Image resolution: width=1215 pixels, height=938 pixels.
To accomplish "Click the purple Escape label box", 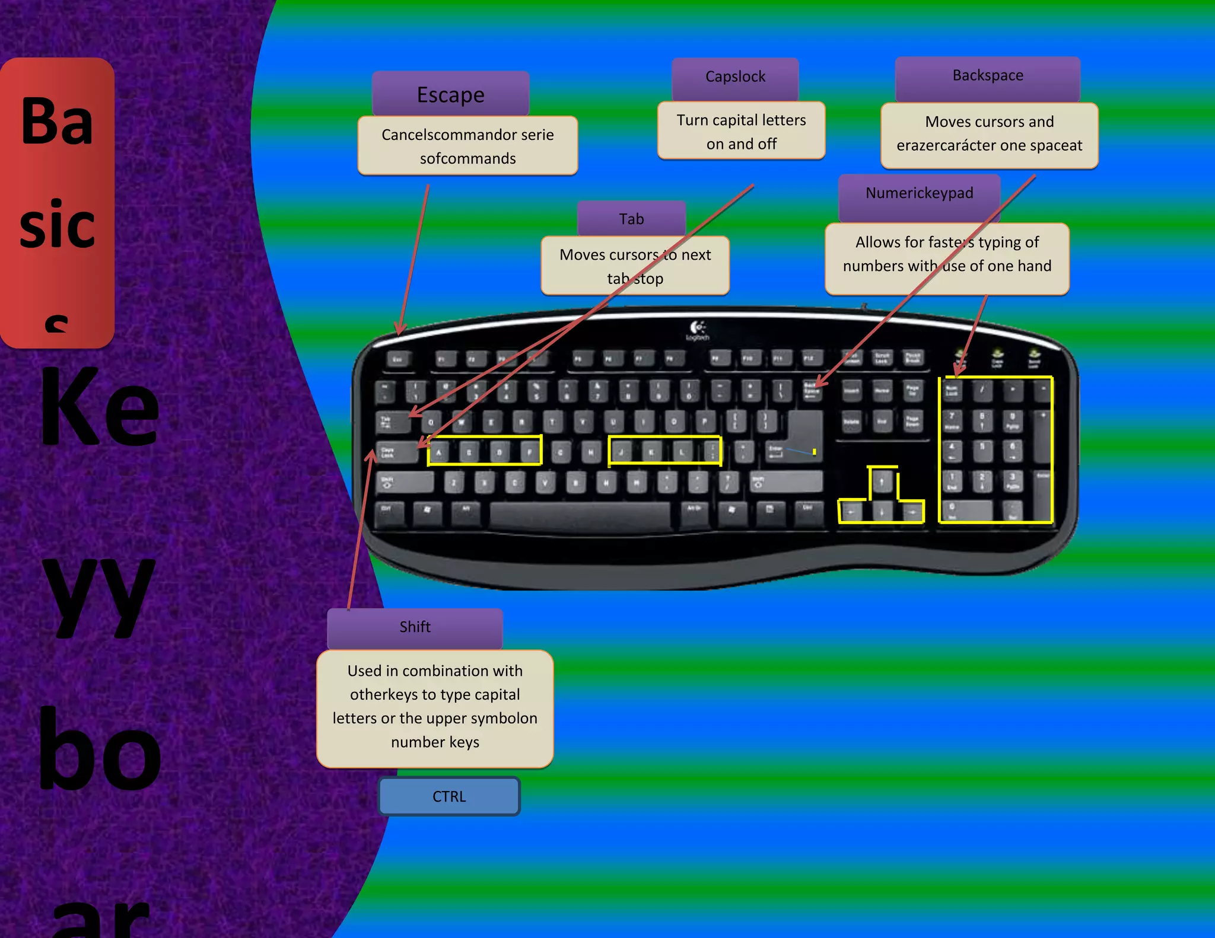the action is point(450,94).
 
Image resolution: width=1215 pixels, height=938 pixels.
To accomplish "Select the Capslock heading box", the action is point(735,77).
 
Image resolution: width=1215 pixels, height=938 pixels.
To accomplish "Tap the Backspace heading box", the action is point(987,76).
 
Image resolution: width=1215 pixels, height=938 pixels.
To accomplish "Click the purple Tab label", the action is point(631,219).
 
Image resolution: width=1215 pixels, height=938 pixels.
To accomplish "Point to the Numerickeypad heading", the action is point(918,193).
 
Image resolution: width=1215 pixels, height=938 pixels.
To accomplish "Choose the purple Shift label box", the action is point(415,627).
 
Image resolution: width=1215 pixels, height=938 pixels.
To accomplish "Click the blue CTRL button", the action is point(449,796).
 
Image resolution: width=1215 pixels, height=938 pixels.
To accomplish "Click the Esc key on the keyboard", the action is point(397,359).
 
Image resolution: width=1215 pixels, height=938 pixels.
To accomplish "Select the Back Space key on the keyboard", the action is point(812,390).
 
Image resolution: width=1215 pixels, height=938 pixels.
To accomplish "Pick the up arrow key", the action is point(882,481).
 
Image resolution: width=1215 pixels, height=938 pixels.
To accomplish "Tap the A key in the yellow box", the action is point(439,453).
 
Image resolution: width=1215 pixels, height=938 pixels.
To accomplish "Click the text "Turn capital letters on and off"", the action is point(741,132).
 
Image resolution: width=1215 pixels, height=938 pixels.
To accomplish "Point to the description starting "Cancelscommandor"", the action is point(467,146).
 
